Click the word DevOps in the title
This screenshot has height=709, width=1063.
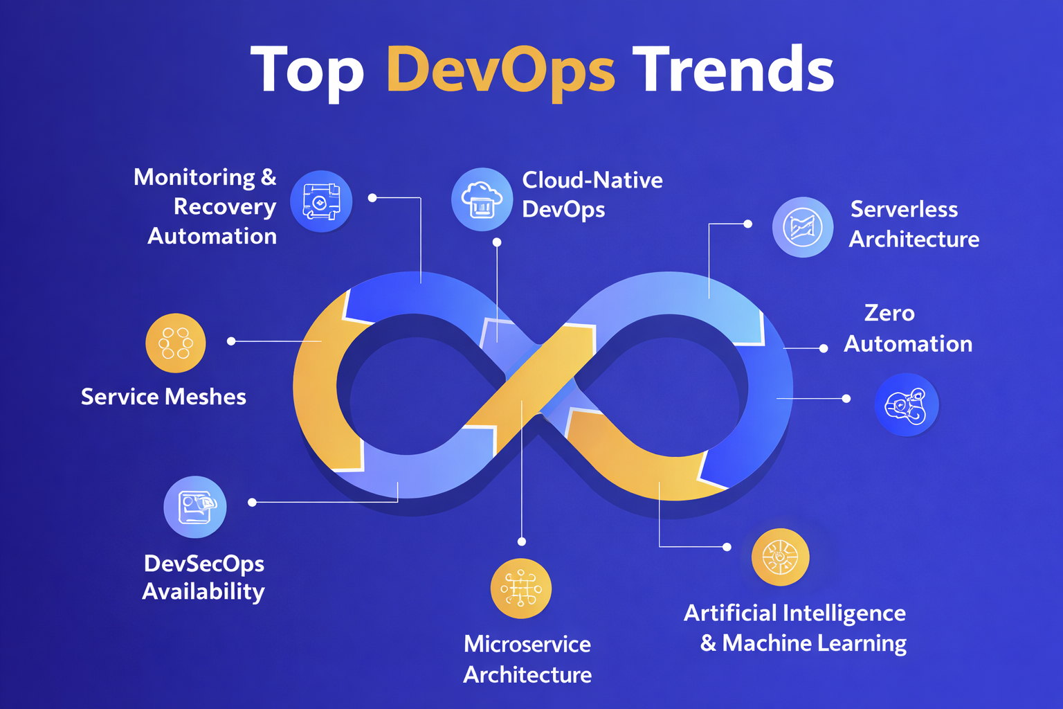click(x=500, y=70)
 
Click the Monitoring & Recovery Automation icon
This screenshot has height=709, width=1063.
click(x=321, y=201)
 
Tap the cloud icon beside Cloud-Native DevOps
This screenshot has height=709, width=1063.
click(x=482, y=199)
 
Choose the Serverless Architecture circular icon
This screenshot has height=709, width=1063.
click(x=803, y=227)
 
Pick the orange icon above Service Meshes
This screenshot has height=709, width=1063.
click(x=176, y=343)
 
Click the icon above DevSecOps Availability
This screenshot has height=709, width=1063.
click(x=194, y=507)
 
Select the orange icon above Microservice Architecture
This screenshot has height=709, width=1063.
click(x=520, y=589)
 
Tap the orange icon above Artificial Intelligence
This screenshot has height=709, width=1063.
click(x=780, y=557)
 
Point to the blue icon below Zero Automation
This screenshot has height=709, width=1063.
click(x=906, y=404)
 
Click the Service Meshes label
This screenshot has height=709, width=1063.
click(x=163, y=397)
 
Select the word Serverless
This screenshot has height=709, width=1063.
click(x=904, y=209)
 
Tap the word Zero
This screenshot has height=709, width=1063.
click(x=889, y=313)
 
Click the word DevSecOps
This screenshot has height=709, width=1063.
click(x=204, y=564)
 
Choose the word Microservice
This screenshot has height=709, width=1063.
click(x=527, y=644)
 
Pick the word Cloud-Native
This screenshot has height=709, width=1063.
click(x=592, y=180)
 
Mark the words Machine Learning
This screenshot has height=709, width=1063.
click(x=814, y=643)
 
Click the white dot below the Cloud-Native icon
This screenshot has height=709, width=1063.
click(x=497, y=242)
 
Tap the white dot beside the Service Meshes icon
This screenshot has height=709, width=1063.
click(x=231, y=341)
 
